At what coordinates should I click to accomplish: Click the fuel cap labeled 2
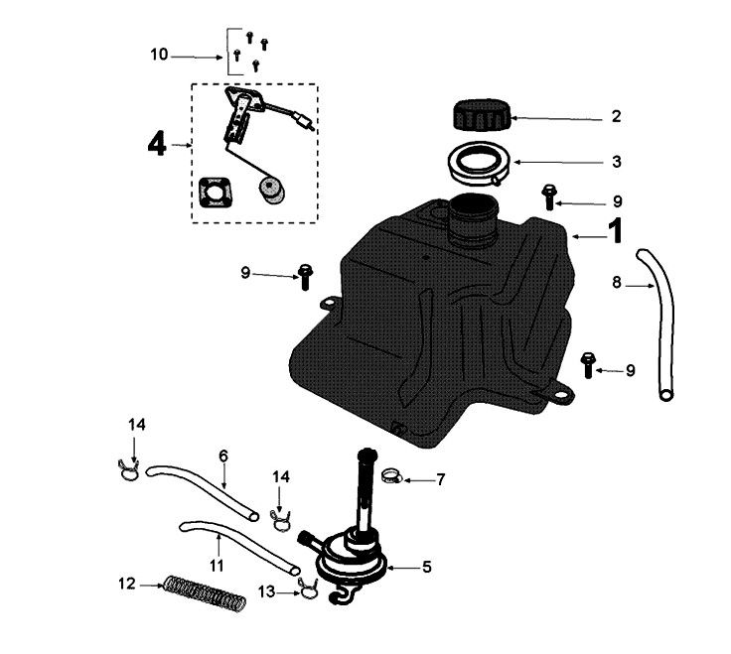(482, 115)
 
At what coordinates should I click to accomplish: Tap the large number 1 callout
(615, 232)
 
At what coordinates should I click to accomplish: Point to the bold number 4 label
(156, 145)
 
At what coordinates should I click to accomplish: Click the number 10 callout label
(160, 56)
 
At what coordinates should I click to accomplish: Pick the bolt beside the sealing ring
(547, 196)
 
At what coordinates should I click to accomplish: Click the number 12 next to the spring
(126, 585)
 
